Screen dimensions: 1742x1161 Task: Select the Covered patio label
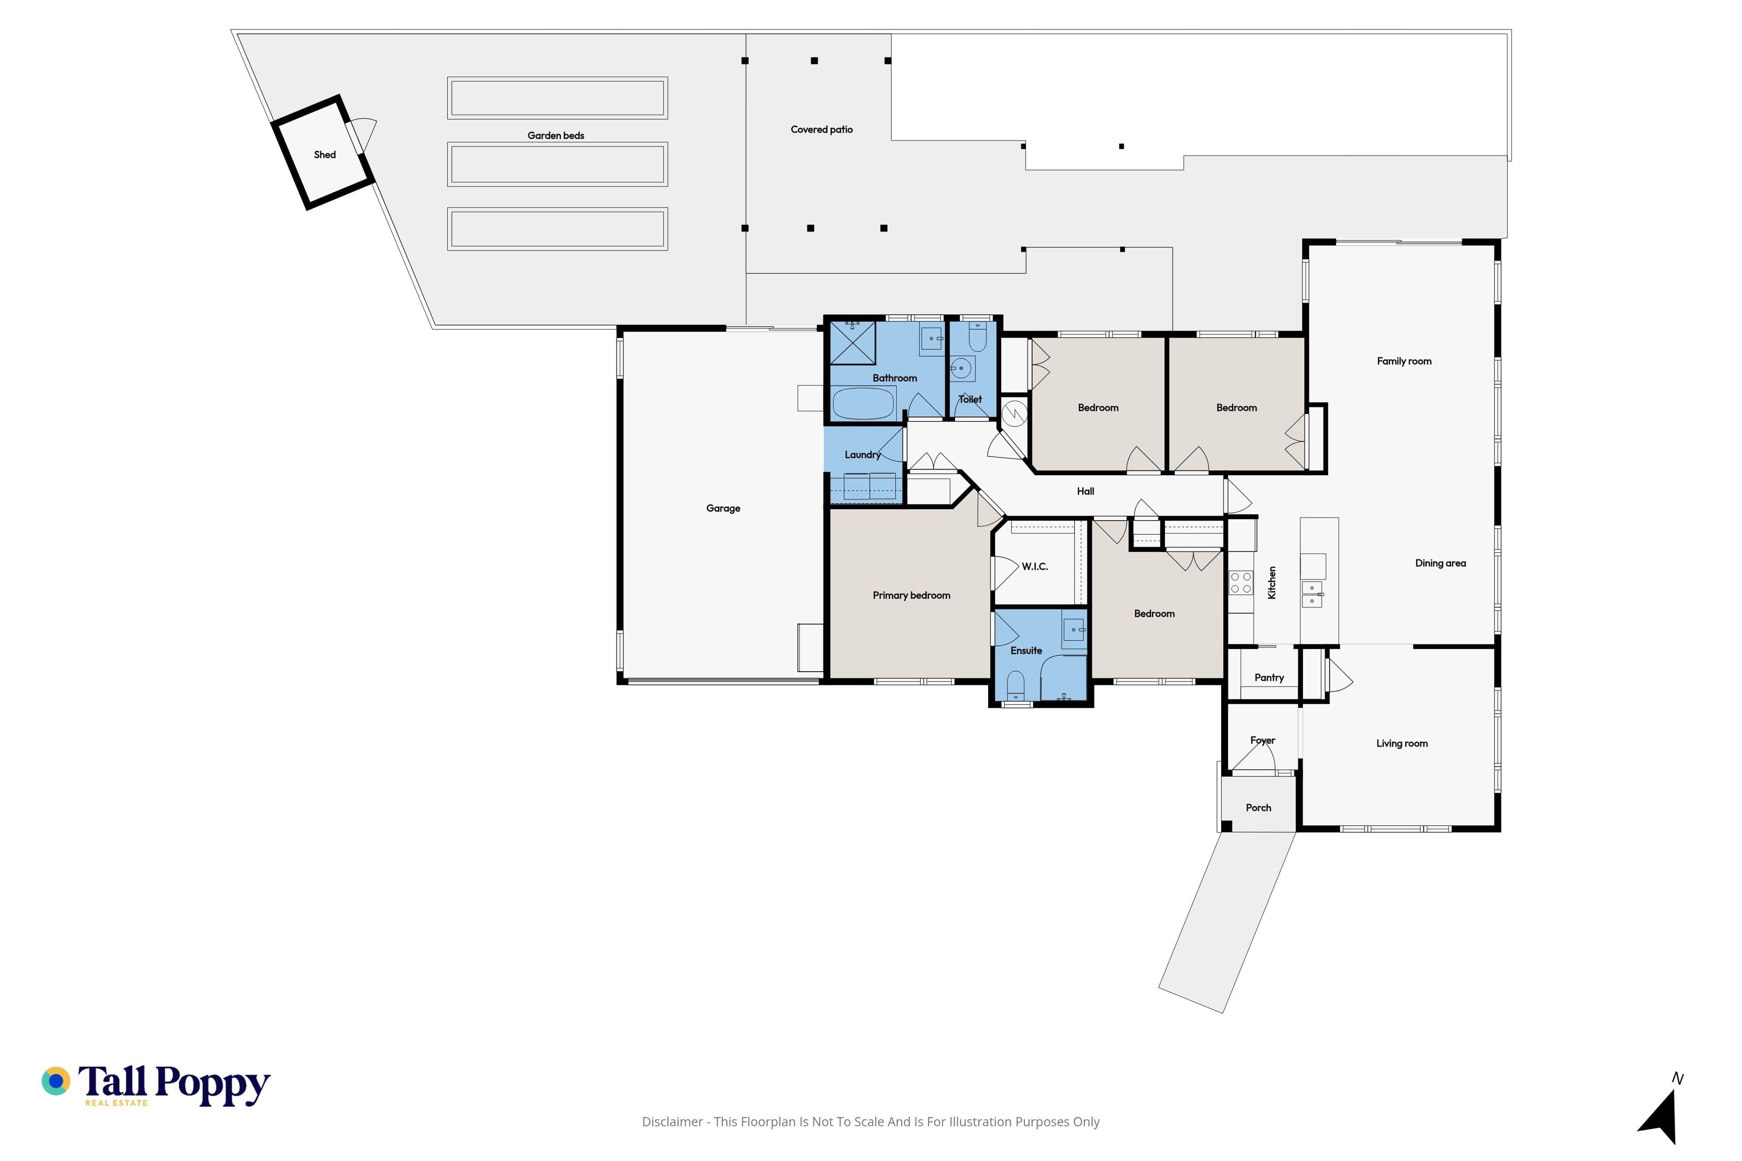[822, 130]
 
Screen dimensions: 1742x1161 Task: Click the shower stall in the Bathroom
[852, 343]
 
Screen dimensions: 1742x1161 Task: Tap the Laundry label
[863, 454]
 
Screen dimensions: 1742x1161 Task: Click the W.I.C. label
[1035, 566]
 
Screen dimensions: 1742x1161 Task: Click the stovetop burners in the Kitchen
[1241, 583]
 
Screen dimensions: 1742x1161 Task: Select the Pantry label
[1269, 678]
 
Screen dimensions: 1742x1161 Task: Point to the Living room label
[1402, 743]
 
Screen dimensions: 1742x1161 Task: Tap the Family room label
[1404, 361]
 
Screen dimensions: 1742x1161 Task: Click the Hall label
[1085, 491]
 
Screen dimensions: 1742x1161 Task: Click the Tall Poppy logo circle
[55, 1081]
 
